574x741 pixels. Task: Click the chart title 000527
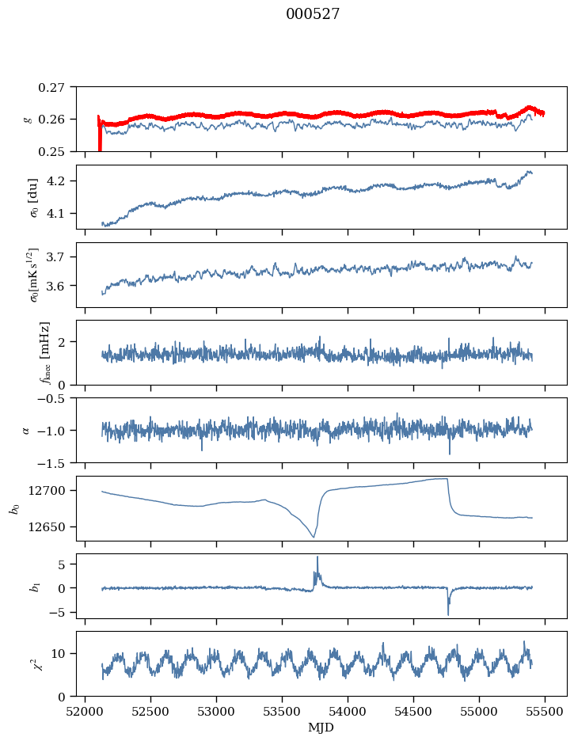click(x=313, y=13)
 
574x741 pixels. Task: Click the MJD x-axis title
click(x=321, y=728)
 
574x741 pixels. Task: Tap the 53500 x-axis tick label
click(x=283, y=712)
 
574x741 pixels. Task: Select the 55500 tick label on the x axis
click(x=545, y=712)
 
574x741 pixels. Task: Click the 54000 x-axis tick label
click(x=348, y=712)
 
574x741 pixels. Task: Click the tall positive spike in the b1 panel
click(x=317, y=557)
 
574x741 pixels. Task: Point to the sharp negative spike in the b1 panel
click(x=448, y=614)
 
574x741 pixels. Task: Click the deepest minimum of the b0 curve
click(x=314, y=537)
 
